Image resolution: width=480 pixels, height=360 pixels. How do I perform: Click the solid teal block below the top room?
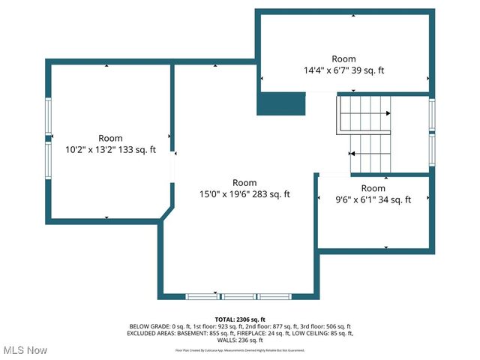tap(281, 103)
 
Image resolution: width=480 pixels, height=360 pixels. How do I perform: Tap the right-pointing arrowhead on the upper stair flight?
tap(388, 113)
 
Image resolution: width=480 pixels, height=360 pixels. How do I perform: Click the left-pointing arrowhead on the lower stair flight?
tap(351, 153)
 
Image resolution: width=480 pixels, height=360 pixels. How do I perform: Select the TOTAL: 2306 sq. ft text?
tap(240, 319)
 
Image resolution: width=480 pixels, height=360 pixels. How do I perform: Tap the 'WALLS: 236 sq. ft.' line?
tap(240, 340)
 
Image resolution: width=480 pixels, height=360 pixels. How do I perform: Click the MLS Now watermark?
tap(25, 350)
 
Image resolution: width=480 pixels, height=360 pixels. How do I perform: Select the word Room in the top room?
tap(344, 58)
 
